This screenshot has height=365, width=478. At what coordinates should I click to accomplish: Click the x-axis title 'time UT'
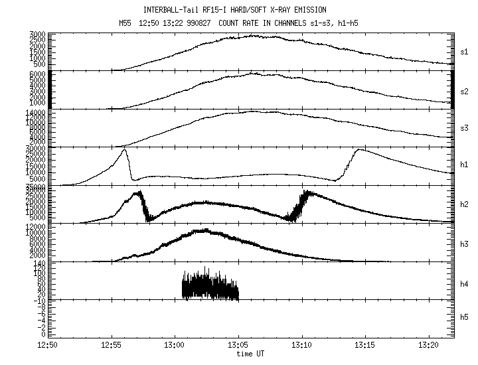[250, 354]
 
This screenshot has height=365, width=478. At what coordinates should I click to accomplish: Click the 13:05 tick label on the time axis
[238, 345]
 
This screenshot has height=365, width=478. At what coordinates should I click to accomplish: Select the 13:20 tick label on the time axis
[430, 345]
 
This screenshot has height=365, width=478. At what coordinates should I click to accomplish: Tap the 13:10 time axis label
[302, 345]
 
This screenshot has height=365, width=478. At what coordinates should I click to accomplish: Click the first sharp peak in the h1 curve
[124, 151]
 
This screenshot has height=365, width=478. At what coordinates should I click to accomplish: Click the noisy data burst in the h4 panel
[210, 285]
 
